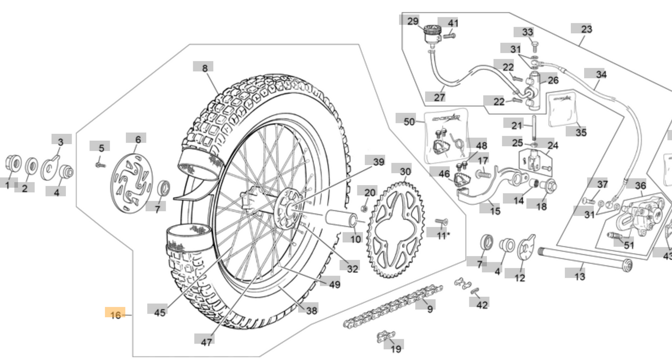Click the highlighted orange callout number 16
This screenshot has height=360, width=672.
click(115, 314)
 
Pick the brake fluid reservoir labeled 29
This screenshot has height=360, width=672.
click(430, 36)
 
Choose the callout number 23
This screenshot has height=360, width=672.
click(586, 29)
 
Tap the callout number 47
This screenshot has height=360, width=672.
click(206, 341)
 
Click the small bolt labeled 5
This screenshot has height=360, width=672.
click(99, 165)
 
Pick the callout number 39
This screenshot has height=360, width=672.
click(378, 161)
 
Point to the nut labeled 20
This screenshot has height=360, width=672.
click(365, 208)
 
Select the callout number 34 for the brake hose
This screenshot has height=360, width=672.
click(601, 75)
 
